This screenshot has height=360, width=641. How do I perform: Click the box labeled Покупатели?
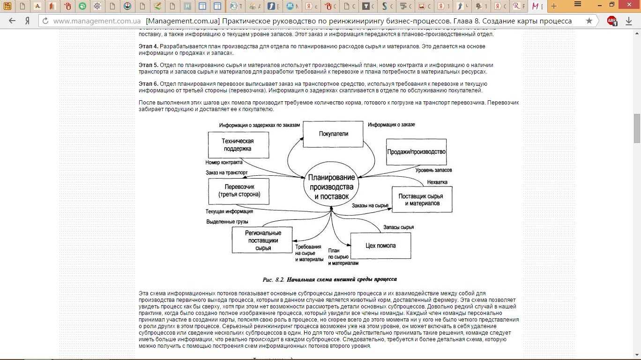click(x=334, y=134)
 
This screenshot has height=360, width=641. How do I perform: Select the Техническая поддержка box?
click(x=238, y=145)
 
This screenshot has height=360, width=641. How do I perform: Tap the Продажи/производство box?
click(x=416, y=152)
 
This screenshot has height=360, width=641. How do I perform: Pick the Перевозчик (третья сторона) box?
click(x=239, y=190)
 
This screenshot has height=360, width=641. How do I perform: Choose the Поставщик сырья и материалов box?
click(x=422, y=200)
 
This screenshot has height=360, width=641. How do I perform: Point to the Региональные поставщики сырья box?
click(x=262, y=240)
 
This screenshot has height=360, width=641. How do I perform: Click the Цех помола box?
click(x=380, y=246)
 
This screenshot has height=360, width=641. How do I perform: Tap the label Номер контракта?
click(x=224, y=163)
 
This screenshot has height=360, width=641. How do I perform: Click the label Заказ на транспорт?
click(x=226, y=172)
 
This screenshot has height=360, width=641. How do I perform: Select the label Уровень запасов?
click(x=434, y=170)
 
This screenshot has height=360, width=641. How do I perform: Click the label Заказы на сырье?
click(x=371, y=205)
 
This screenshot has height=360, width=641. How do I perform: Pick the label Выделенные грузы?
click(x=227, y=221)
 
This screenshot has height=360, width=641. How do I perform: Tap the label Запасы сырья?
click(x=398, y=227)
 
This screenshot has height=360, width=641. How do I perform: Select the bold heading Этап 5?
click(x=149, y=65)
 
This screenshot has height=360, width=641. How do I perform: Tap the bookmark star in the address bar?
click(x=589, y=21)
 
